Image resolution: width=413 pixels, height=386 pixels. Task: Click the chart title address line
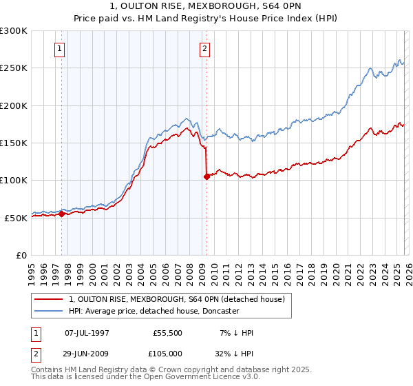[x=206, y=6]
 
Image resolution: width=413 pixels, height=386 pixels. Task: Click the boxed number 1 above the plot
[x=61, y=49]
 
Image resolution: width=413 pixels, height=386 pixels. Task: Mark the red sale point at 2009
[x=206, y=176]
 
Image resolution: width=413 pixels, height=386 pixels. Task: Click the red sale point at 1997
[x=62, y=214]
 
